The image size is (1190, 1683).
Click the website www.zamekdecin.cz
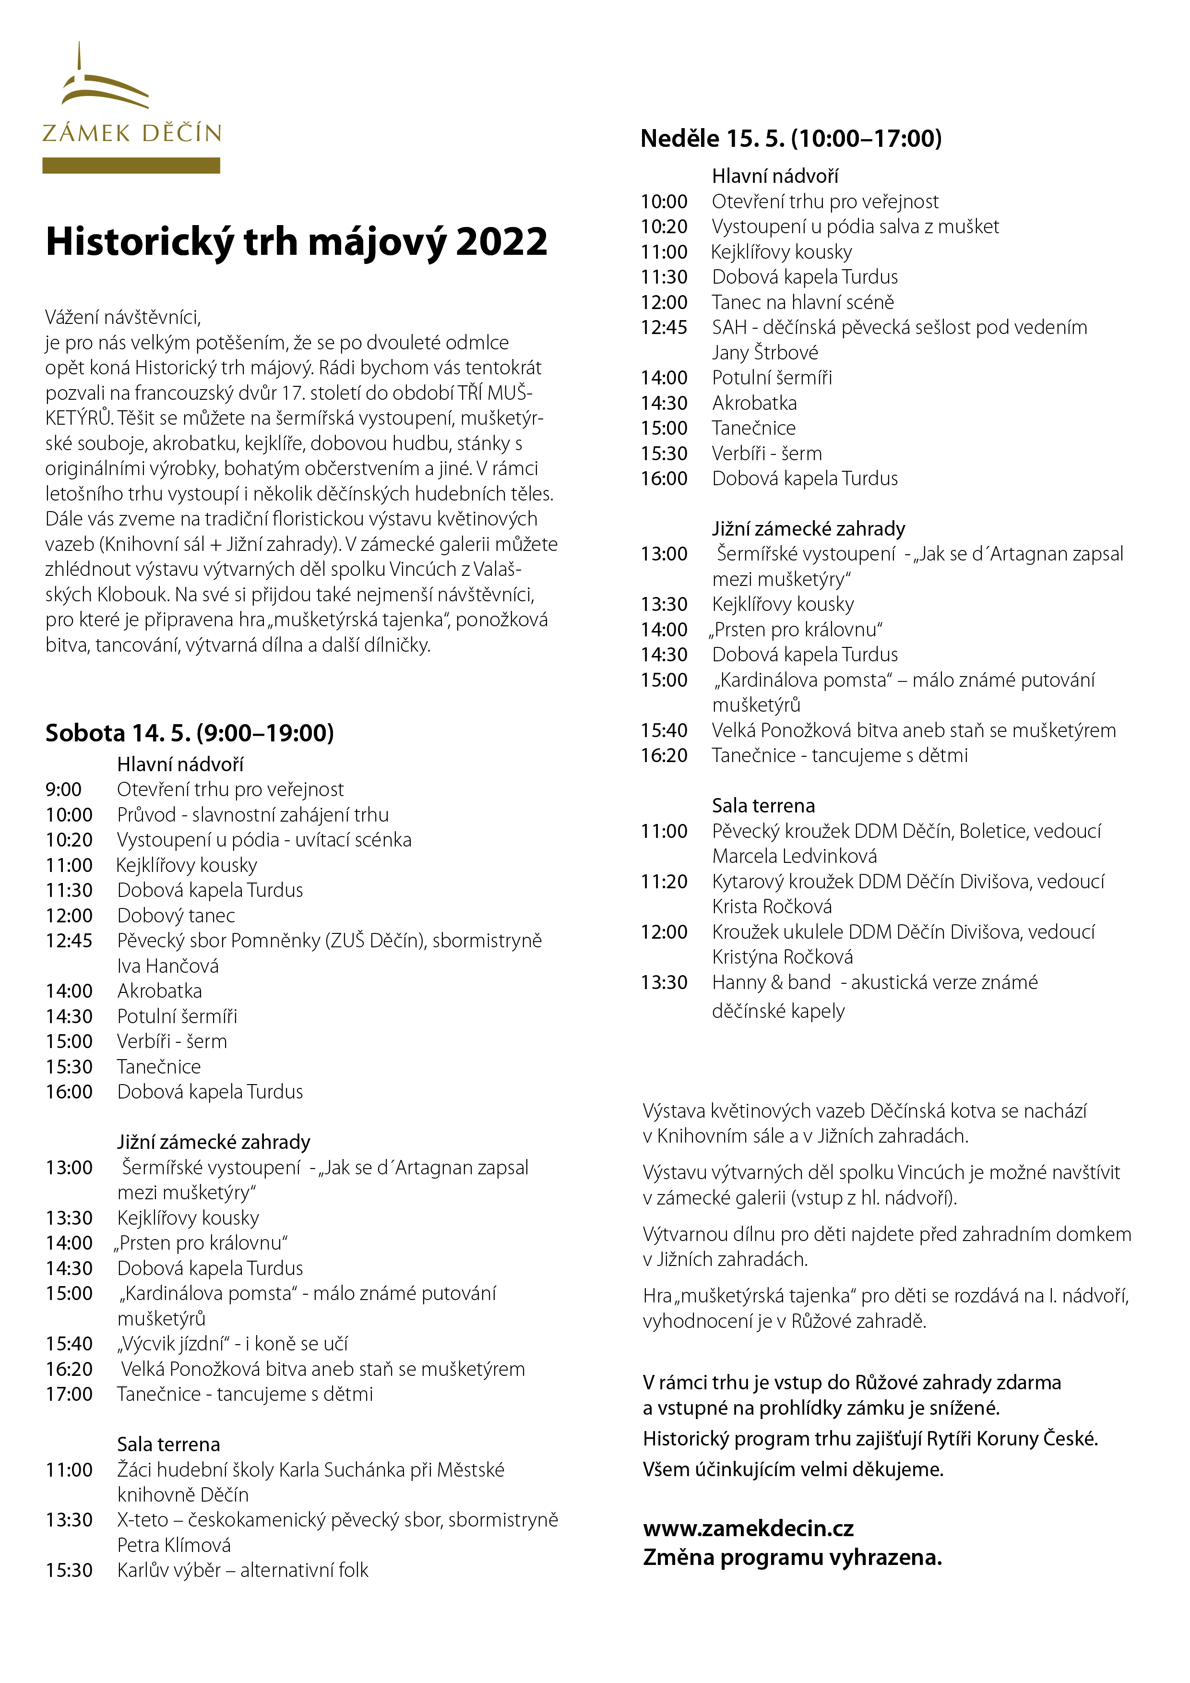748,1528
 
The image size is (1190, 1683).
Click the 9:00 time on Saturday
64,789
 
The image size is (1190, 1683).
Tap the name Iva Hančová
168,966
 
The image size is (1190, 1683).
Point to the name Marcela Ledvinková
794,856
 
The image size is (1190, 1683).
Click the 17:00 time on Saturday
69,1394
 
